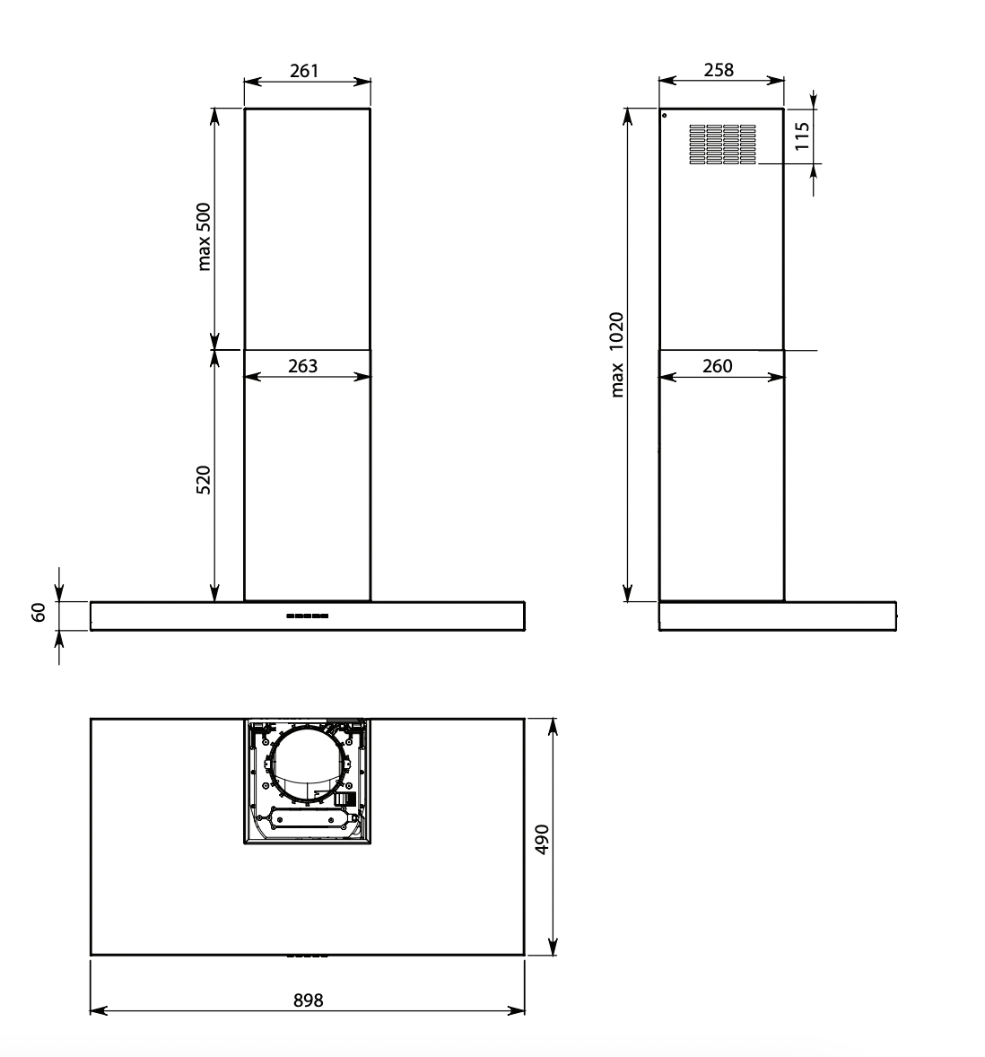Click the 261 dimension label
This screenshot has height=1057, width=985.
pos(304,71)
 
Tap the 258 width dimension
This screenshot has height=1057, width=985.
pos(719,70)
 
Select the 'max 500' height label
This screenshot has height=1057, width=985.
pos(204,237)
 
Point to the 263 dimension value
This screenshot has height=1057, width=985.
pos(302,366)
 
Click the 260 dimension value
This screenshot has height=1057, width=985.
pos(717,366)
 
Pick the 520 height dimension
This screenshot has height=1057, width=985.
pos(204,480)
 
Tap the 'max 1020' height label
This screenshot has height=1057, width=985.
pos(616,354)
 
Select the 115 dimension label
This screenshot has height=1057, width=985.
pos(802,136)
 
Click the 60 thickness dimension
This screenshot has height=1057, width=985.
pos(39,613)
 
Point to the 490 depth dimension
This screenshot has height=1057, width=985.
pos(542,839)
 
